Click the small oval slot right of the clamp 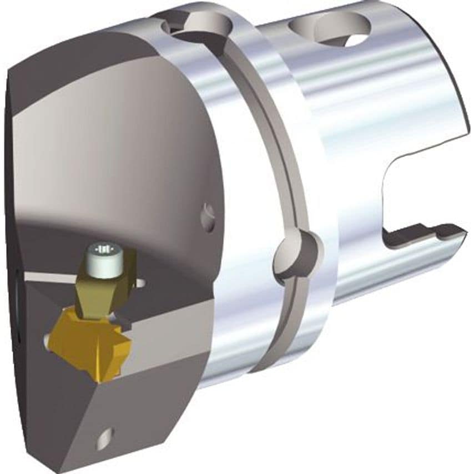click(142, 283)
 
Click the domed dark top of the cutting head click(111, 139)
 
